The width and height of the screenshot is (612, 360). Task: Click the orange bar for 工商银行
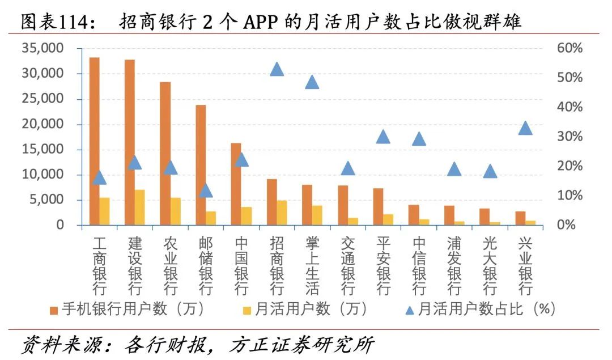click(x=94, y=141)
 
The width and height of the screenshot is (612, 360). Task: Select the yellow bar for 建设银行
click(x=139, y=207)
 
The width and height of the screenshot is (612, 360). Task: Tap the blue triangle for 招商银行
click(x=277, y=70)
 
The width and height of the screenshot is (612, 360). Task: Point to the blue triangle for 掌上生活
click(x=312, y=82)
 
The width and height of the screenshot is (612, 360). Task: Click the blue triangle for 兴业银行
click(x=525, y=128)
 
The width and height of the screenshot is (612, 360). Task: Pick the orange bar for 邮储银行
click(x=201, y=165)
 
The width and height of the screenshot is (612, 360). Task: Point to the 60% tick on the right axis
click(x=569, y=49)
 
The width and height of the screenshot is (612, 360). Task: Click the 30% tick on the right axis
click(x=569, y=137)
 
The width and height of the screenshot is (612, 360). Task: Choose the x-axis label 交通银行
click(x=347, y=265)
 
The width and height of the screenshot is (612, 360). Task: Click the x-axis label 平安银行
click(x=383, y=265)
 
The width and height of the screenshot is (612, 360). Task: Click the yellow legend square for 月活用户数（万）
click(x=246, y=310)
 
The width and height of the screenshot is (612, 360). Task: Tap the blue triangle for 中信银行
click(x=419, y=139)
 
